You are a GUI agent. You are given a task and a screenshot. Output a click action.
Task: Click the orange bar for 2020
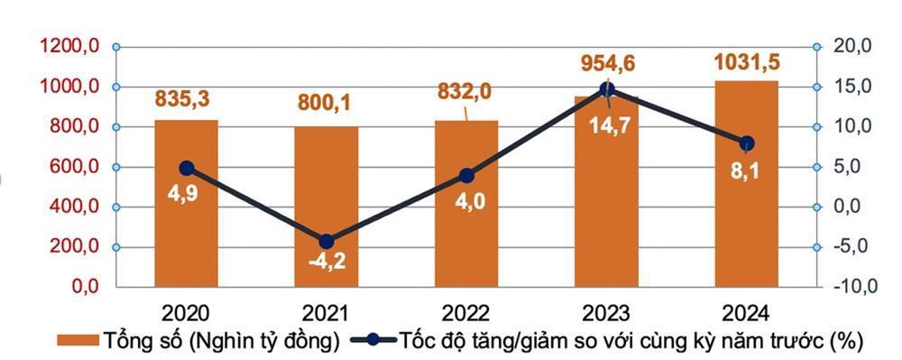click(x=186, y=226)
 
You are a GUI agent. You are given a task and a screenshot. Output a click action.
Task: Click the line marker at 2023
click(x=607, y=89)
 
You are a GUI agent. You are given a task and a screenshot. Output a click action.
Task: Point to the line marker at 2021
click(x=326, y=241)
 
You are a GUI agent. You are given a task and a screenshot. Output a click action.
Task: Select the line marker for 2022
click(x=465, y=175)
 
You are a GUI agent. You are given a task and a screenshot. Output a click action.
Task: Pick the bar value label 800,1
click(x=326, y=103)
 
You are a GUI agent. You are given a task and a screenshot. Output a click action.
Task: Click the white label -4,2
click(x=326, y=265)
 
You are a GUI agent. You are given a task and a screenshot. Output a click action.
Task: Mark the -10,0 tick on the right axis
click(x=851, y=288)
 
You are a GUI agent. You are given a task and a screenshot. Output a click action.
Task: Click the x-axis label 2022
click(x=465, y=313)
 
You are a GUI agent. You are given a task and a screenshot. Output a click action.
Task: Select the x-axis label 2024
click(x=746, y=313)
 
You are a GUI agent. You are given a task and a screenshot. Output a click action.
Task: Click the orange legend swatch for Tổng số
click(x=78, y=341)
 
